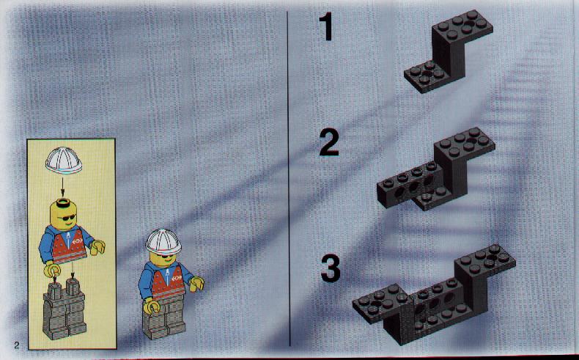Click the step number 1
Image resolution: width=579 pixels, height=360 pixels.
pos(326,27)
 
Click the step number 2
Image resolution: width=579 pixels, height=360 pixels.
pos(329,143)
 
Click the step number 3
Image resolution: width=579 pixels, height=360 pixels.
pos(331,269)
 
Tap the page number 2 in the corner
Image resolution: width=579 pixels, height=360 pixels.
pos(16,345)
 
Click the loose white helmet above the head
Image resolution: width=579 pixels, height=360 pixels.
pos(64,161)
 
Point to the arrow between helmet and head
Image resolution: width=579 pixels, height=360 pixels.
pos(62,187)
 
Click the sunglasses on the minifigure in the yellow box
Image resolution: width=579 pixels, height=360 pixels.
pos(67,217)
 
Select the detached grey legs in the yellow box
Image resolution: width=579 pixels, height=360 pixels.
pos(64,308)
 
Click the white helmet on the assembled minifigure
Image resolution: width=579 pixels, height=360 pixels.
pos(163,242)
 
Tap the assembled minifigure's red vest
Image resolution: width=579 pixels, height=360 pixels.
pos(169,282)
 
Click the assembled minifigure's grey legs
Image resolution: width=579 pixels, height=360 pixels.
pos(164,317)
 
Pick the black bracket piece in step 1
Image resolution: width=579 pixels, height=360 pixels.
pos(449,51)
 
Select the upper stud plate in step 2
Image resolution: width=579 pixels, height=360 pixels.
pos(465,144)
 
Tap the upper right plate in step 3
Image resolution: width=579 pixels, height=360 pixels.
pos(485,260)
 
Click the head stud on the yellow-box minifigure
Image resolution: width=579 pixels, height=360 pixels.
pos(62,202)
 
